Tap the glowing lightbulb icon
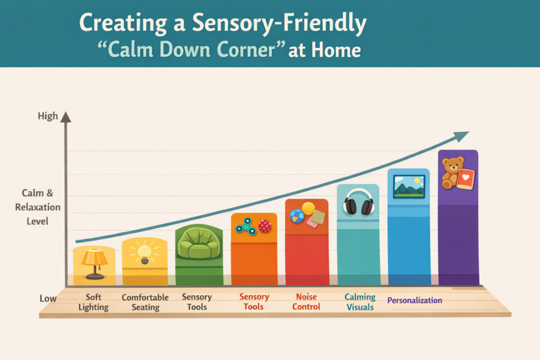click(x=144, y=252)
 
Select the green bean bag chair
click(x=199, y=245)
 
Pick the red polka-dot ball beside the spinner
click(x=265, y=226)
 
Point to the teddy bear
click(x=451, y=171)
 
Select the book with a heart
click(x=466, y=179)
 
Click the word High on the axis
click(x=48, y=116)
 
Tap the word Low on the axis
click(x=48, y=298)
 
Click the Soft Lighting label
click(x=97, y=302)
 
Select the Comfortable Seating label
click(x=145, y=302)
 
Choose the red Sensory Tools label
click(x=254, y=302)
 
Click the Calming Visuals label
click(x=360, y=302)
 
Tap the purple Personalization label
click(x=414, y=300)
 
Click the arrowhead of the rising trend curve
click(x=462, y=135)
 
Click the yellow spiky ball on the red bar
click(x=308, y=208)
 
